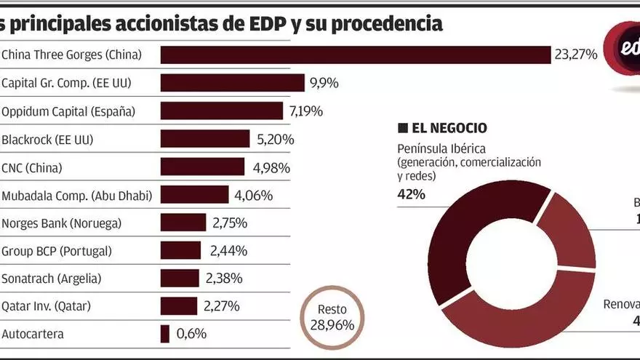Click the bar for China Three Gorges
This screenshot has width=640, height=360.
click(x=355, y=55)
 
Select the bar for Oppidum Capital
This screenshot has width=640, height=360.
click(x=221, y=111)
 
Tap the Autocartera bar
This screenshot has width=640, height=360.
click(x=165, y=334)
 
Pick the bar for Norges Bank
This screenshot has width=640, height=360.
click(x=183, y=223)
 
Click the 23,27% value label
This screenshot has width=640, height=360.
click(x=575, y=55)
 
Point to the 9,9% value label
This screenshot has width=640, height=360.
click(x=324, y=83)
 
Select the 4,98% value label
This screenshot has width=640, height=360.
click(x=271, y=168)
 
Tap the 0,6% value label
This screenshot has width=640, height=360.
click(x=192, y=334)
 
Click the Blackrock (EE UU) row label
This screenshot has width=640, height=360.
click(x=47, y=139)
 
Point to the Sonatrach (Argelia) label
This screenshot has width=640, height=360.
click(x=52, y=279)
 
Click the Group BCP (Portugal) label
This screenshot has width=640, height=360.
click(x=57, y=251)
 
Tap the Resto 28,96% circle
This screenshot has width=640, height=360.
click(x=332, y=318)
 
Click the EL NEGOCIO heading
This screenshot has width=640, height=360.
click(x=449, y=129)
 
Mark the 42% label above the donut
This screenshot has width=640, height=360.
click(x=411, y=194)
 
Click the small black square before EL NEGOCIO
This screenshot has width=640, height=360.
click(x=402, y=129)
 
